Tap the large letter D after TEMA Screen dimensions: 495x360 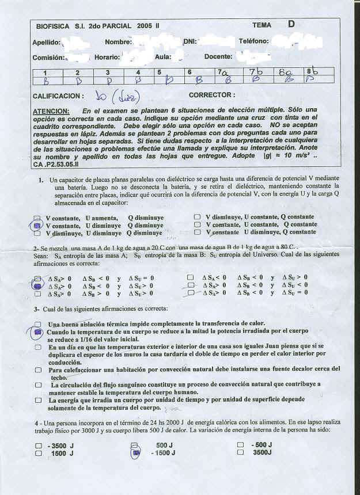point(291,24)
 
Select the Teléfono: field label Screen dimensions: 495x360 point(253,41)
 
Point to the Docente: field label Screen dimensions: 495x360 point(218,57)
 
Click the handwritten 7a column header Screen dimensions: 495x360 point(222,72)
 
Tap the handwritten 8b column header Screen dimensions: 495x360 point(311,71)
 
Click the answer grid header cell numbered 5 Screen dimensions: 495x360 point(158,73)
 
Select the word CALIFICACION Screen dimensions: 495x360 point(58,96)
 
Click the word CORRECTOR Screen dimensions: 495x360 point(211,95)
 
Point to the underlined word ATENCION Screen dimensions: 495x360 point(51,111)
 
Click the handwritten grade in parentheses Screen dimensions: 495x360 point(127,95)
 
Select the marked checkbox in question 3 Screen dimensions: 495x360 point(38,332)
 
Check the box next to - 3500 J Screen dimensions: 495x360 point(38,445)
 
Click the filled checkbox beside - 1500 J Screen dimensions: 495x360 point(136,454)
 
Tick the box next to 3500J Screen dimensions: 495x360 point(240,453)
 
